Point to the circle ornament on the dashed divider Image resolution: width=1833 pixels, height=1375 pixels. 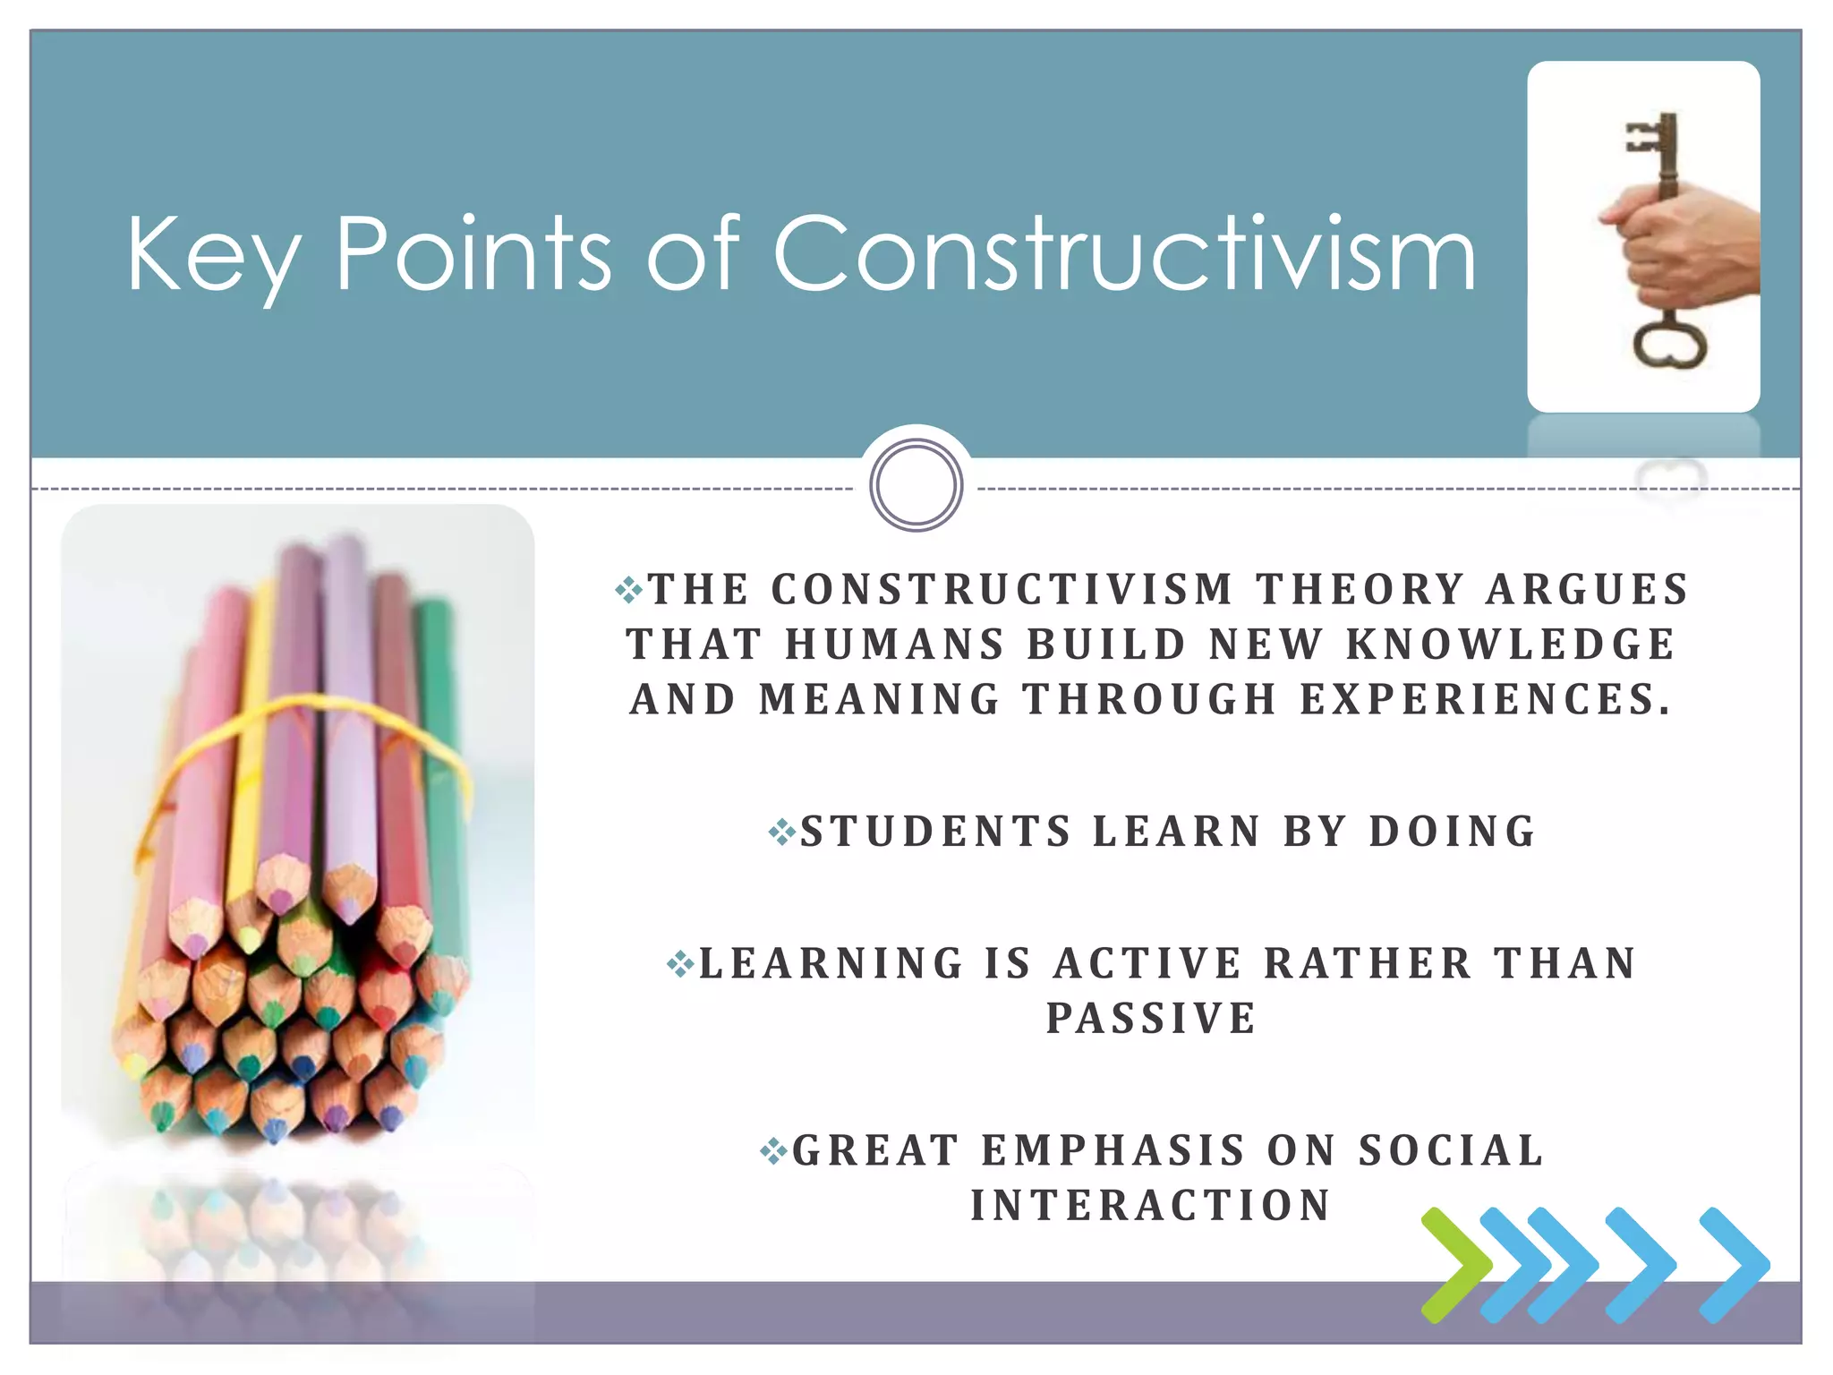916,485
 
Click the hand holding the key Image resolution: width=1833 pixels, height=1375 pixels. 1683,251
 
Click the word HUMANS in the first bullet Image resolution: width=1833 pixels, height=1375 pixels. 896,645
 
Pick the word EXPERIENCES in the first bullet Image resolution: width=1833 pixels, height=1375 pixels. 1485,699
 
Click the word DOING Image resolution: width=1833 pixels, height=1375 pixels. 1453,831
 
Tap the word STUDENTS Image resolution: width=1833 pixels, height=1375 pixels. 935,831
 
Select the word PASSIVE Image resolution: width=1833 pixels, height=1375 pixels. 1152,1018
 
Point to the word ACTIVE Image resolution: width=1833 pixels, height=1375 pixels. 1148,963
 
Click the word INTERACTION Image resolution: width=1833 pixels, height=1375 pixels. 1152,1205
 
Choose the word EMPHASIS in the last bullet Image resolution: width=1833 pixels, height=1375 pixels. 1113,1150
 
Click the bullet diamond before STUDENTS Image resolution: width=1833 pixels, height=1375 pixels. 781,833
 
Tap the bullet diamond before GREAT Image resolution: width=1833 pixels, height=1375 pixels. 773,1151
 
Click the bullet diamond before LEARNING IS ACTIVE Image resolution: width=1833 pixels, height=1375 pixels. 680,964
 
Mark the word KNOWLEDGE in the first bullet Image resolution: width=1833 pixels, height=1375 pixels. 1511,645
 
